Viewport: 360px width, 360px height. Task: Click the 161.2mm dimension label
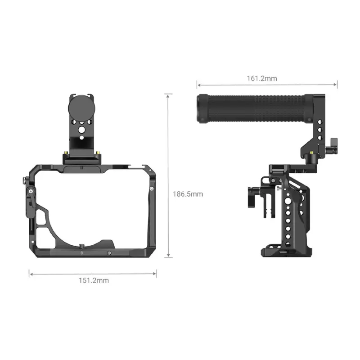[x=262, y=78]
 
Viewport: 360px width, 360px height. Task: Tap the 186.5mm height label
[x=188, y=194]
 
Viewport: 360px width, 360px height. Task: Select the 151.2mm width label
[x=94, y=280]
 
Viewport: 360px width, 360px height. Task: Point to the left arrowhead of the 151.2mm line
[x=31, y=273]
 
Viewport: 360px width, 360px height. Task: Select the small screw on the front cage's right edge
[x=152, y=189]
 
